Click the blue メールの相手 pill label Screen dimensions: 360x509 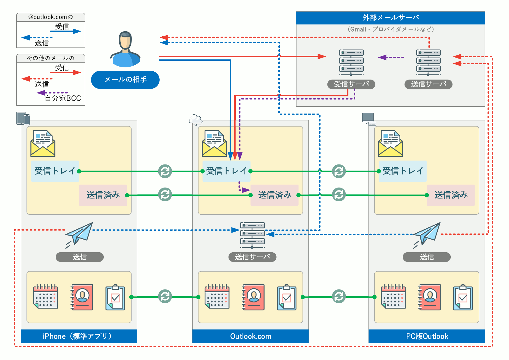click(x=125, y=80)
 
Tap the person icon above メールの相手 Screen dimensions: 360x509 click(x=125, y=50)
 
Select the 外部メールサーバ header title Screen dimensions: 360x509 click(x=390, y=18)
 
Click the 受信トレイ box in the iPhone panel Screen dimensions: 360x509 click(x=55, y=171)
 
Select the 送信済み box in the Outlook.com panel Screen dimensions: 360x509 click(x=274, y=195)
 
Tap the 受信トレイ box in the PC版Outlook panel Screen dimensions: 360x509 click(x=402, y=171)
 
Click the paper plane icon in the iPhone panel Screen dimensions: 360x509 click(x=79, y=233)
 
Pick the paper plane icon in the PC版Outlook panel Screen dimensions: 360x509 click(x=427, y=233)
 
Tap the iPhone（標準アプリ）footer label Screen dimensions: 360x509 click(x=79, y=336)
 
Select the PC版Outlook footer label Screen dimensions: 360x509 click(x=427, y=336)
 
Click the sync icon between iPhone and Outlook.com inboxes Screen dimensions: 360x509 click(x=165, y=171)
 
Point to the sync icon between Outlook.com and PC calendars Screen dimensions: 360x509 click(x=339, y=296)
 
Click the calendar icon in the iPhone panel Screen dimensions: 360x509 click(x=46, y=296)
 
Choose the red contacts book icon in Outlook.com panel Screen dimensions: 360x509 click(x=254, y=297)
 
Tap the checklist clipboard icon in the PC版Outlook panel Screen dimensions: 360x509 click(x=463, y=297)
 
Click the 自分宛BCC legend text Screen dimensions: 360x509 click(x=63, y=98)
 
